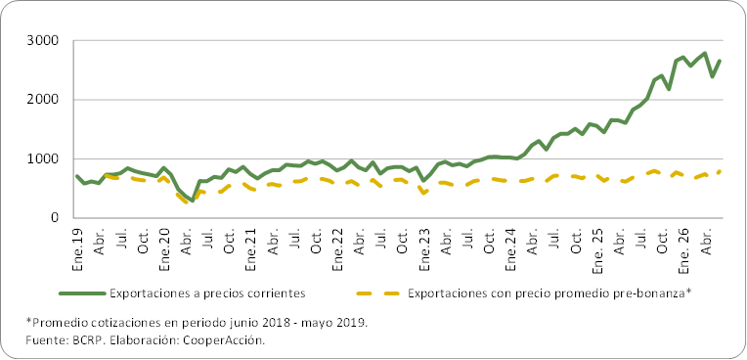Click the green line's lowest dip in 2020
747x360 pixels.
(x=193, y=201)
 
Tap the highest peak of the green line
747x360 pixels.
(x=705, y=53)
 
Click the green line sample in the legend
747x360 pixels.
(x=81, y=293)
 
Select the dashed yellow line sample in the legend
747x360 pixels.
(x=378, y=293)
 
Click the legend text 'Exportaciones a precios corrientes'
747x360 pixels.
(x=206, y=293)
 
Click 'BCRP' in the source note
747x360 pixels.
(x=76, y=340)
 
